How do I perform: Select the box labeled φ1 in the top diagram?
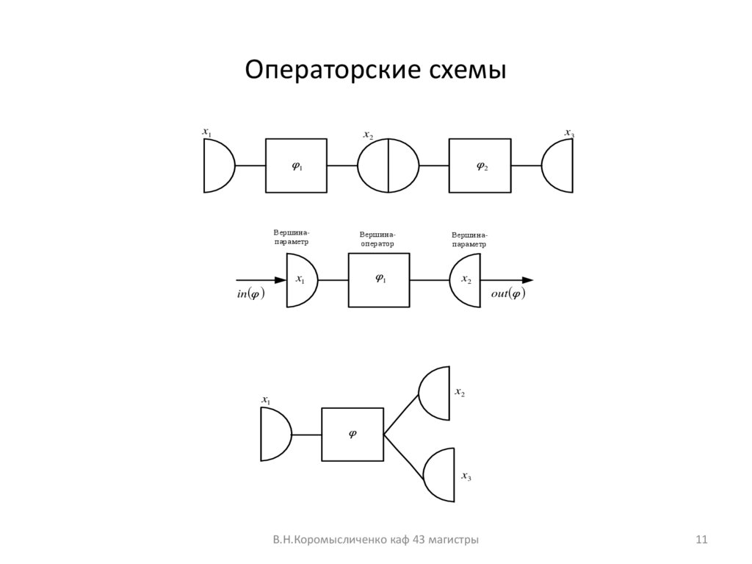point(296,165)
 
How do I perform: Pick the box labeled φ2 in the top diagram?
point(480,165)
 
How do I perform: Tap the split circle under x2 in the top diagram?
point(388,165)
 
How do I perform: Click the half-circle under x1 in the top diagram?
point(217,165)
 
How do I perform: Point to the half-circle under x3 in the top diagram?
point(560,165)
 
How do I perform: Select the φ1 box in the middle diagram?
point(379,279)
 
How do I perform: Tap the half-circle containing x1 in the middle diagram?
point(300,280)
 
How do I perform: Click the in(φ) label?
point(250,294)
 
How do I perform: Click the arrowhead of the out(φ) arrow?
point(527,280)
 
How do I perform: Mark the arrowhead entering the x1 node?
point(280,280)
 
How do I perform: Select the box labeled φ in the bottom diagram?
point(352,434)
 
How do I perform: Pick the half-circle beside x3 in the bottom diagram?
point(438,474)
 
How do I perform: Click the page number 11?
point(701,540)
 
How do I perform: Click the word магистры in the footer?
point(453,540)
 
